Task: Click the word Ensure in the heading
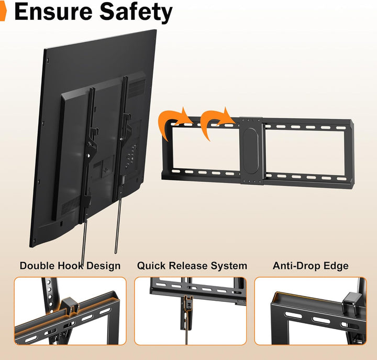point(53,12)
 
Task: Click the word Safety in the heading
point(136,13)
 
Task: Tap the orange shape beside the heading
point(3,12)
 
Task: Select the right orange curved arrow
point(215,123)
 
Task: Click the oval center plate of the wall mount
point(250,150)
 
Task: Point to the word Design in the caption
point(103,266)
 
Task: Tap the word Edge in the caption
point(336,266)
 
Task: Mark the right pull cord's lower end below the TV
point(116,253)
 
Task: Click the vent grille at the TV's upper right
point(137,88)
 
